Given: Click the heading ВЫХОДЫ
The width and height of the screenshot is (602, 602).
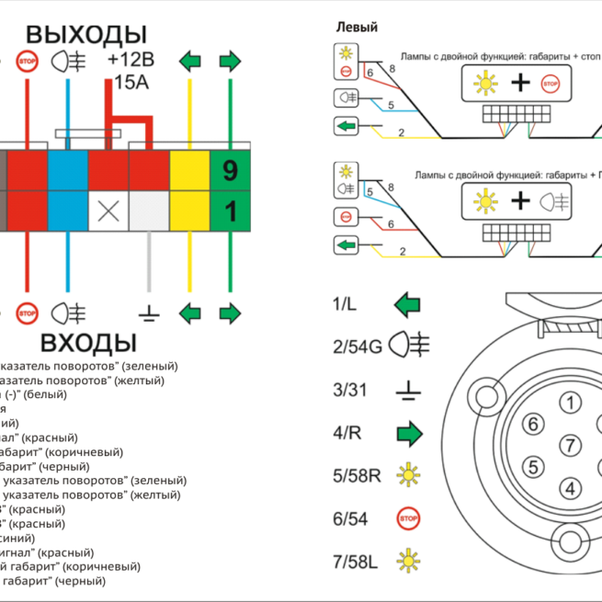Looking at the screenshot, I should point(85,35).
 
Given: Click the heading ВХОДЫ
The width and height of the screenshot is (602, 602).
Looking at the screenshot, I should point(87,345).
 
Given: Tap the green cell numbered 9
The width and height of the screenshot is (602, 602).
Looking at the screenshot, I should point(230,170).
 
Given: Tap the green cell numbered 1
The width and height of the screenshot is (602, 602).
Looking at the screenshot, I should point(230,211).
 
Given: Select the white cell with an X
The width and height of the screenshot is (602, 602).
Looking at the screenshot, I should point(108,211).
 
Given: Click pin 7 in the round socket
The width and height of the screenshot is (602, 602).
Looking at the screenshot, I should point(572,446).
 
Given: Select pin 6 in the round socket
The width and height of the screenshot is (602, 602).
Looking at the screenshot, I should point(532,424).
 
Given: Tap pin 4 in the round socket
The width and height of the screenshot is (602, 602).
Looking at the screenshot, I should point(572,487).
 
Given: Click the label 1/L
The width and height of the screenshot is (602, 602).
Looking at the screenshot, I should point(346,303).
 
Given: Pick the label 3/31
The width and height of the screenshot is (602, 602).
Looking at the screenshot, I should point(349,390).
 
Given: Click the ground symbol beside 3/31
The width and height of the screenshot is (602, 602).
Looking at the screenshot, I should point(408,391).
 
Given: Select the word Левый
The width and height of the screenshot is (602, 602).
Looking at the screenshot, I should point(357,28).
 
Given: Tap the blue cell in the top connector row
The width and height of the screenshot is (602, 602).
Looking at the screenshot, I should point(67,170).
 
